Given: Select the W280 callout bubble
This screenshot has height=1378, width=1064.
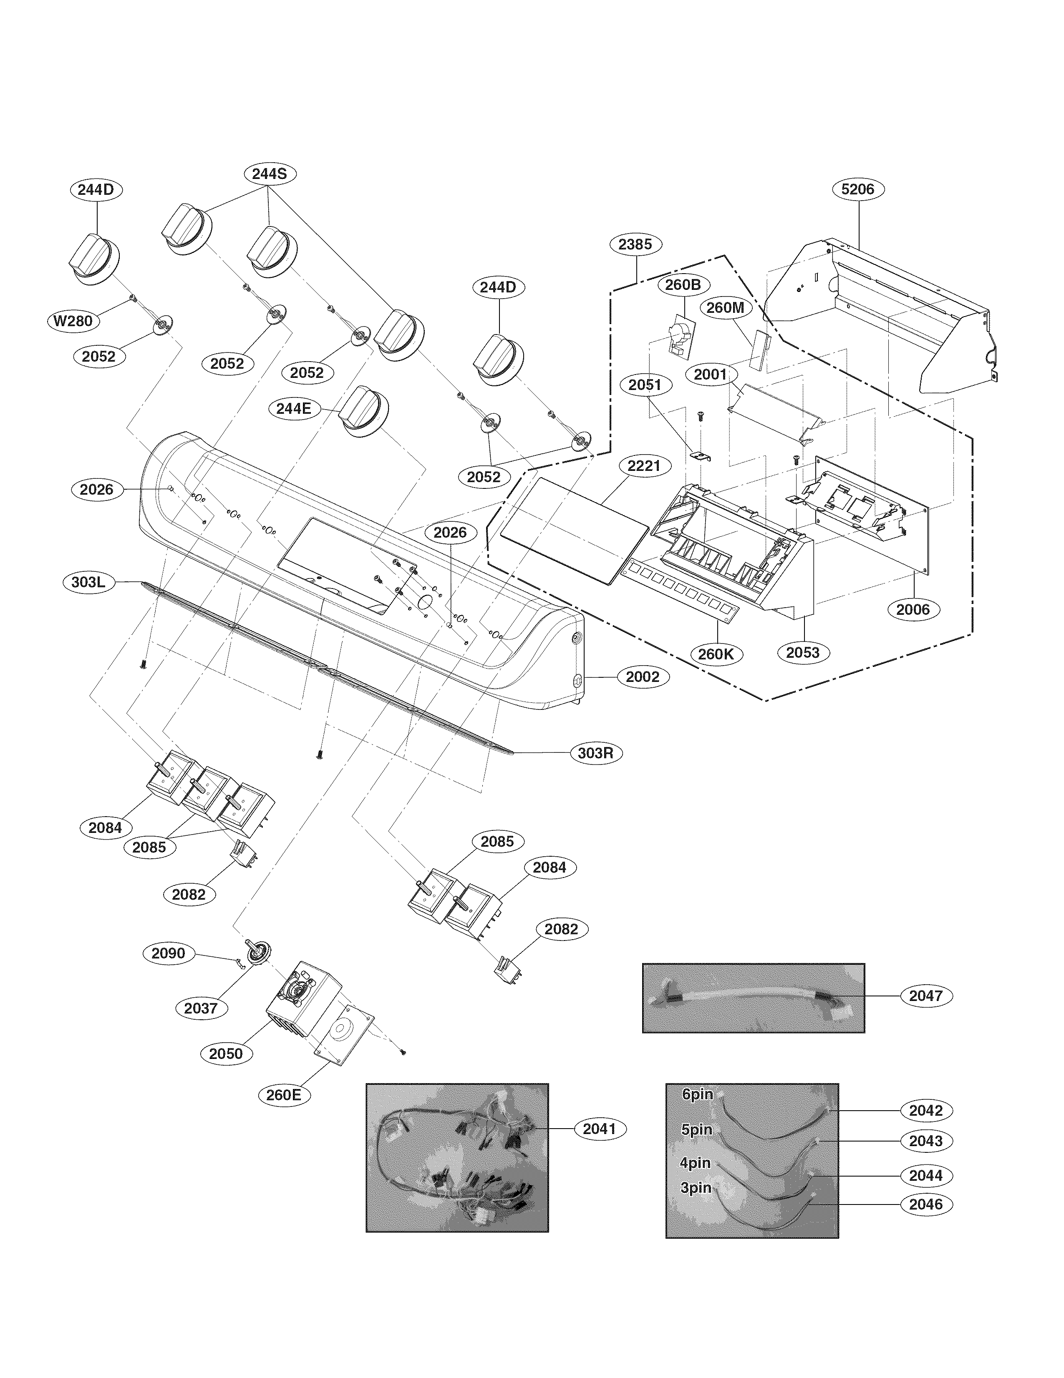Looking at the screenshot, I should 73,321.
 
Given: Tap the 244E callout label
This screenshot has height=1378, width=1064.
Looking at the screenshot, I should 293,408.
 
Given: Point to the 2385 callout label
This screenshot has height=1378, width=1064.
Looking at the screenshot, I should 635,244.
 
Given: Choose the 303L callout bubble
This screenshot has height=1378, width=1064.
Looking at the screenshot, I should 88,582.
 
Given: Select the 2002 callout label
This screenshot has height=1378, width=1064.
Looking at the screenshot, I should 643,677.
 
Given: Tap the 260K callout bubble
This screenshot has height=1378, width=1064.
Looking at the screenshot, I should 716,654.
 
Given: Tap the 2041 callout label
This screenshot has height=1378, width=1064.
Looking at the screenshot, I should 599,1129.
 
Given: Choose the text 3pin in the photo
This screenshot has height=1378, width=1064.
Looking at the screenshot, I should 696,1188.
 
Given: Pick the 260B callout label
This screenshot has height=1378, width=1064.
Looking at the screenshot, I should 683,284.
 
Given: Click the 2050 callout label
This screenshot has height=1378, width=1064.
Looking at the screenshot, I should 226,1053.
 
